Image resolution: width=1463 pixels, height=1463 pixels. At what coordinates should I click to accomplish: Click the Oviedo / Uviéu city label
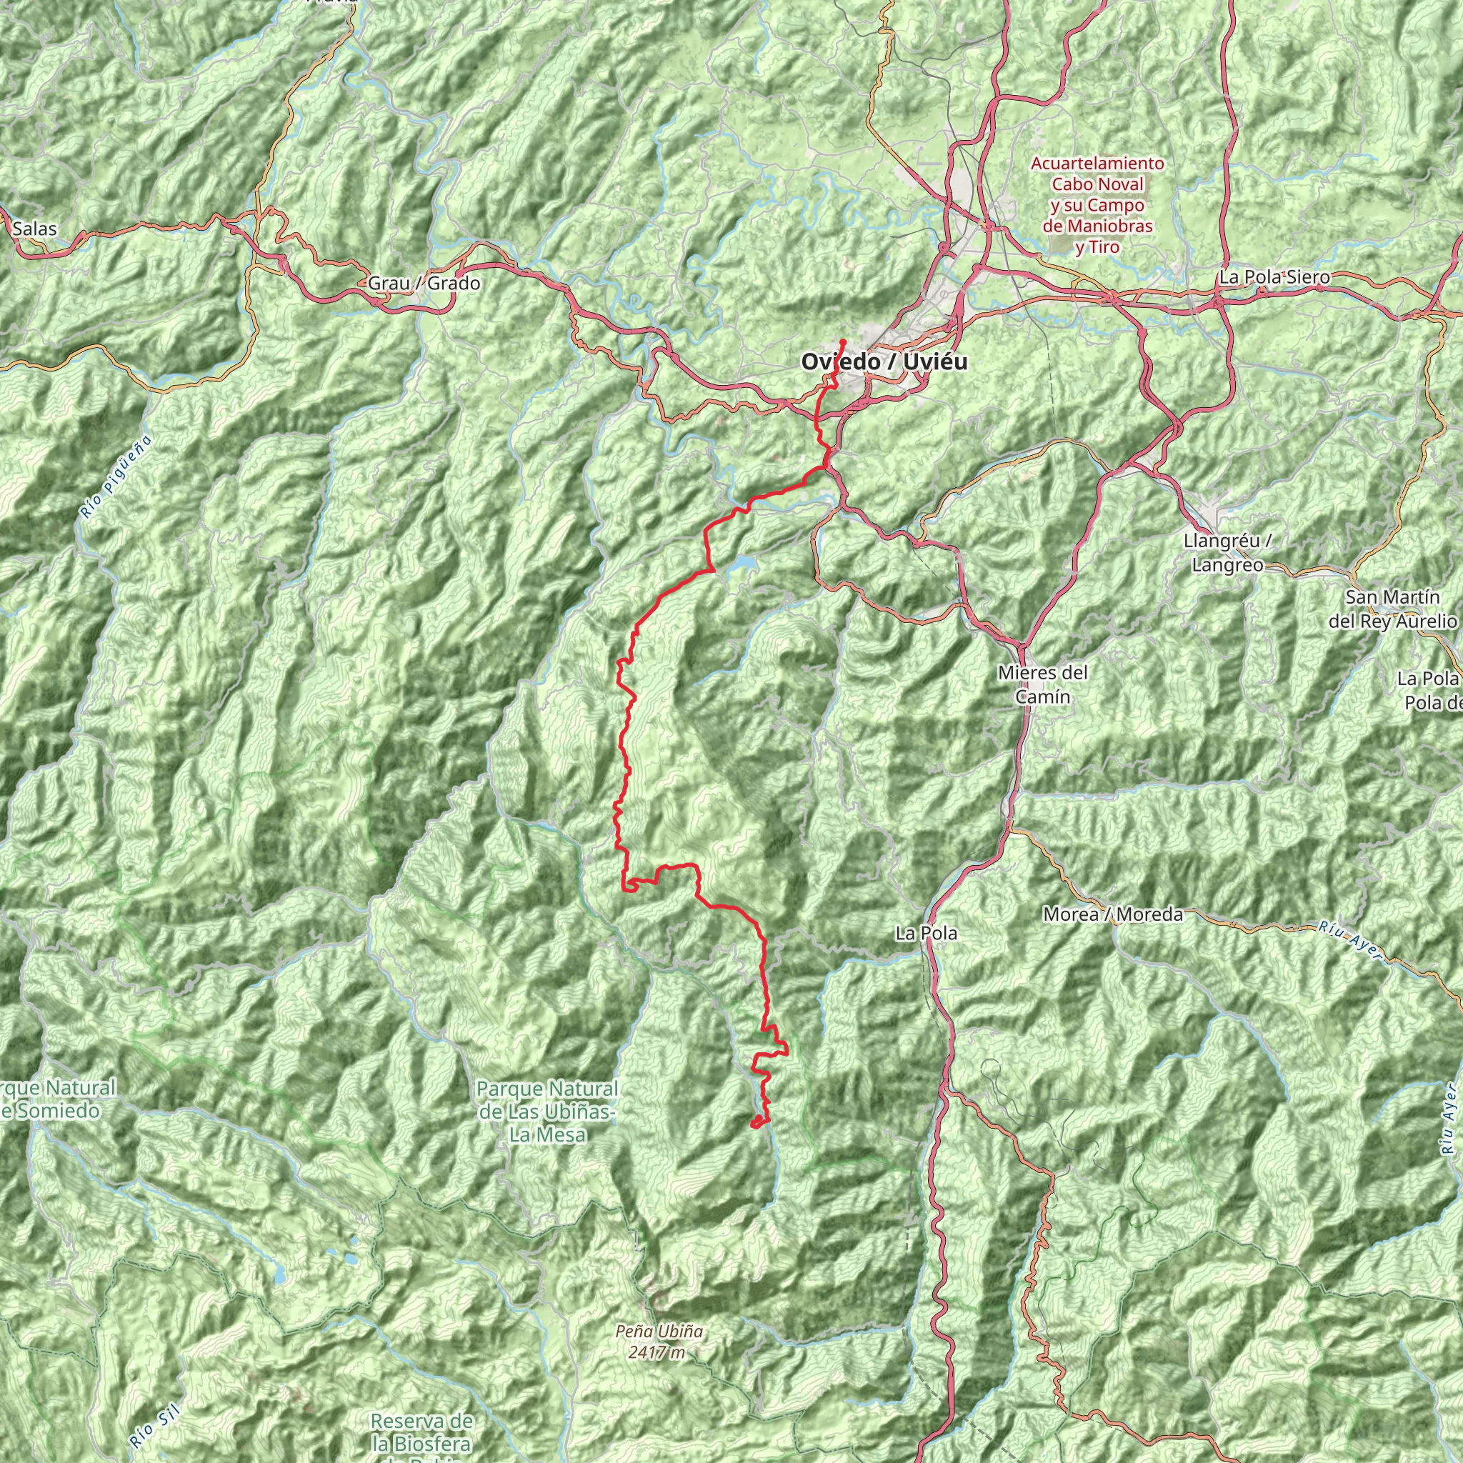click(884, 362)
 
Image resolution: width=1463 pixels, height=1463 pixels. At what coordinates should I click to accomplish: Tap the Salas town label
click(35, 229)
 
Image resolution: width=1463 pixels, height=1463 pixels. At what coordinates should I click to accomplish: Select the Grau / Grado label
click(424, 283)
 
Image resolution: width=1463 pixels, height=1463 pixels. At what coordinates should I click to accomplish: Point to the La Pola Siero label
click(1274, 277)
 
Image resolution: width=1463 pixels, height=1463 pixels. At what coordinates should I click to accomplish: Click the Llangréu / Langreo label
click(1227, 553)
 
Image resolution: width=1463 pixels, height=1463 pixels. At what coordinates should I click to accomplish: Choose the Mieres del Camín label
click(1043, 684)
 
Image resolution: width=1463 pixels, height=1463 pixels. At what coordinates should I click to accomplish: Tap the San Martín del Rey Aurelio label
click(1392, 609)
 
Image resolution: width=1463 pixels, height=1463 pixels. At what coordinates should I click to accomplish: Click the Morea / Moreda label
click(1113, 914)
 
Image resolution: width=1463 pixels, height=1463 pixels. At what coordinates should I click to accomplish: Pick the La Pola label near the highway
click(926, 934)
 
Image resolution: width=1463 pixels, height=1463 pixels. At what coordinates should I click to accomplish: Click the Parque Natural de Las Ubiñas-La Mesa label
click(546, 1111)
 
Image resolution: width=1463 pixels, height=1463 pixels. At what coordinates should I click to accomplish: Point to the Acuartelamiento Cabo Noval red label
click(1097, 205)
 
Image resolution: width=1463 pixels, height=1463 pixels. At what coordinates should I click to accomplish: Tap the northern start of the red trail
click(844, 341)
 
